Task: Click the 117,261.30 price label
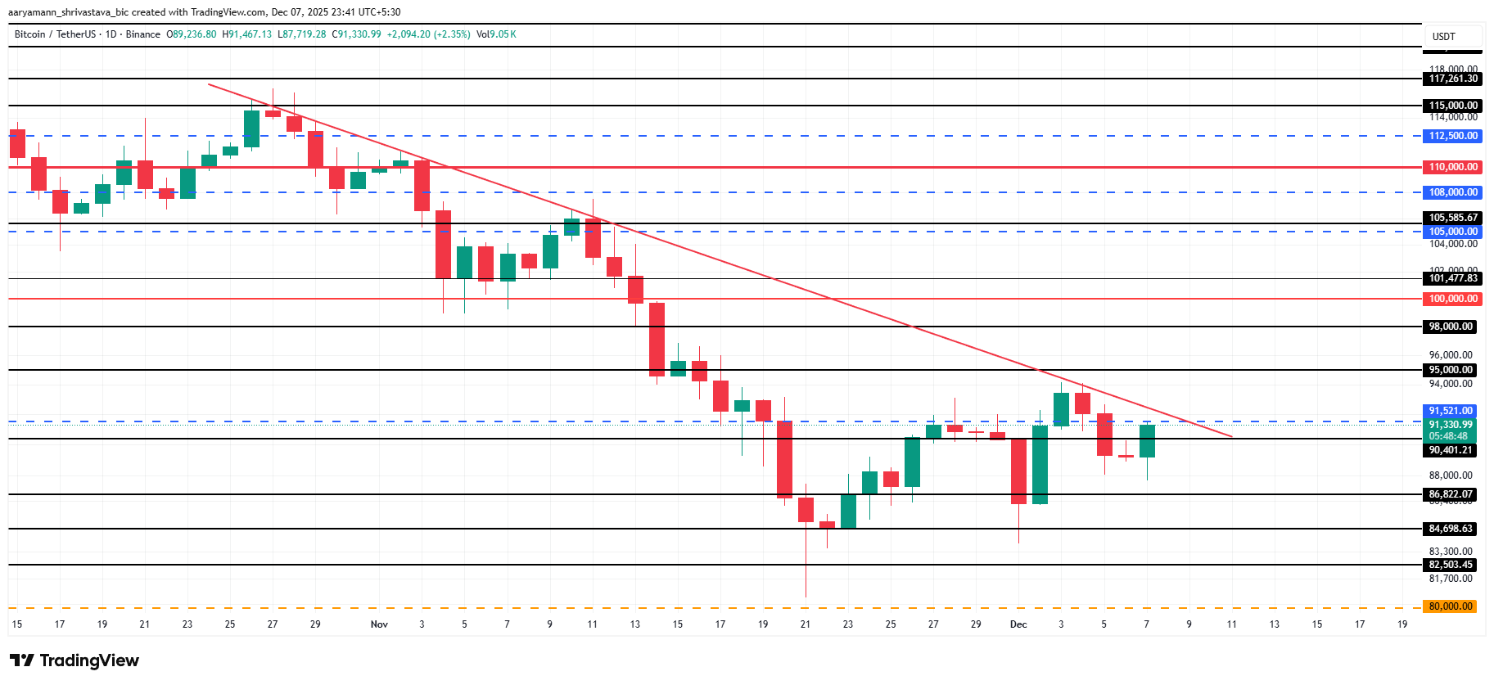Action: coord(1453,79)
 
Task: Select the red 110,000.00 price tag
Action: coord(1453,167)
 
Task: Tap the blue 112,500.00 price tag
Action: coord(1453,136)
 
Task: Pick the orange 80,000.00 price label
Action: coord(1451,606)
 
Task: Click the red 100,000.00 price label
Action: coord(1453,299)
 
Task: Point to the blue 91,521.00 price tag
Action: coord(1451,411)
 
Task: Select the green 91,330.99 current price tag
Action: coord(1451,425)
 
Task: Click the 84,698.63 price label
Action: coord(1451,529)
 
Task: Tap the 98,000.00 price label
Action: coord(1451,327)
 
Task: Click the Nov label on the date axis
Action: coord(379,624)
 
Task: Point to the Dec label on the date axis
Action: coord(1018,624)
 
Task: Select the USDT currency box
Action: coord(1443,37)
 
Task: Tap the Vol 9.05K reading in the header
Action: coord(496,34)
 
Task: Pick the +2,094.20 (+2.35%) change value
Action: coord(428,34)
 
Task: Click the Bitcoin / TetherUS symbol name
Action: coord(55,34)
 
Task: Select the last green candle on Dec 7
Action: coord(1147,441)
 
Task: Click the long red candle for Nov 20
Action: coord(784,458)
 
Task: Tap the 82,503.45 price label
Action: coord(1451,565)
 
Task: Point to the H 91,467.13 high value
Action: coord(247,34)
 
